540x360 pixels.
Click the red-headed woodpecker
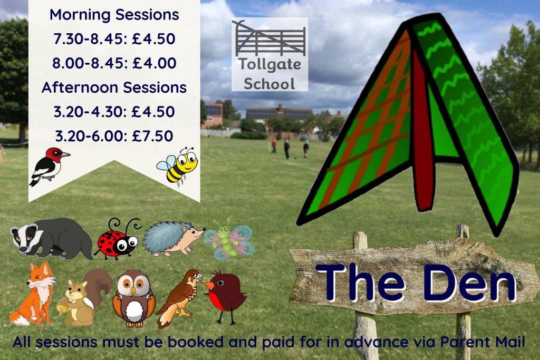[50, 167]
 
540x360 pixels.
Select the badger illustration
[52, 239]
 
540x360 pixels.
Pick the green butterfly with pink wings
[229, 239]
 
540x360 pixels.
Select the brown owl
[134, 298]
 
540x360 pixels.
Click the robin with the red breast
[226, 297]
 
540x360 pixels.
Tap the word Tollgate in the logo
[270, 64]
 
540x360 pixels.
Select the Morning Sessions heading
[114, 15]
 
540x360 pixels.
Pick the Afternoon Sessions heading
[114, 87]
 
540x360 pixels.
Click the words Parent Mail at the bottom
[483, 342]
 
